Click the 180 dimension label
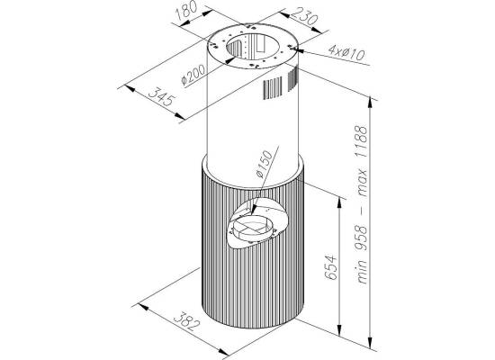pos(186,12)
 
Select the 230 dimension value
pos(303,16)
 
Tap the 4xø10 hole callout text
pos(346,53)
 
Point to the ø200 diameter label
pos(193,76)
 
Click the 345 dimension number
pos(161,96)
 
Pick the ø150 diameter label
pos(263,164)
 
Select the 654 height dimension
pos(330,266)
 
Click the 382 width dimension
pos(188,320)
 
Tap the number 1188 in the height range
pos(362,142)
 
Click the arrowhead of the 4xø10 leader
pos(298,49)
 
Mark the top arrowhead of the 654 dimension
pos(339,203)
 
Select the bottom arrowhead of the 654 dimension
pos(339,329)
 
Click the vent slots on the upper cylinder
pos(280,84)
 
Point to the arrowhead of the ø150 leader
pos(255,209)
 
